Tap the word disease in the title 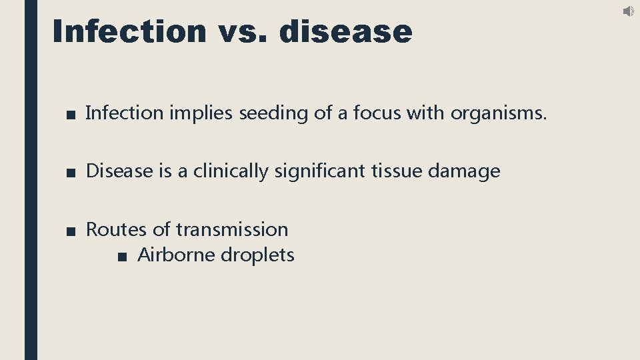pyautogui.click(x=347, y=31)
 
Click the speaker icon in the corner pyautogui.click(x=629, y=11)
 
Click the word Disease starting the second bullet pyautogui.click(x=119, y=171)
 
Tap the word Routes pyautogui.click(x=117, y=229)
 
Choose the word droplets pyautogui.click(x=257, y=255)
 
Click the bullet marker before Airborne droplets pyautogui.click(x=121, y=256)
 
